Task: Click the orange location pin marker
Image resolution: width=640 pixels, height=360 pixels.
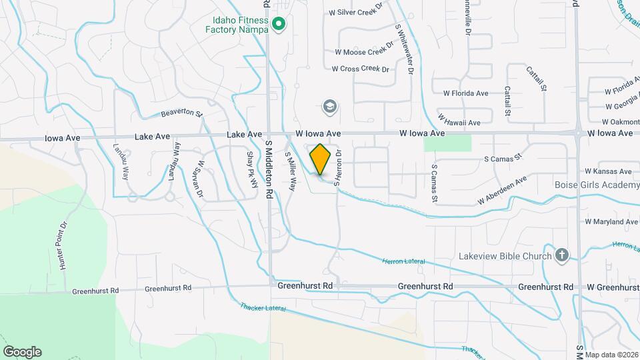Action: (x=321, y=159)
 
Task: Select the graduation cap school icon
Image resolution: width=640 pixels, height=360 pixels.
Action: (x=329, y=106)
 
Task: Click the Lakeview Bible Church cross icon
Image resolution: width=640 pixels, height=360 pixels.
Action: (x=562, y=255)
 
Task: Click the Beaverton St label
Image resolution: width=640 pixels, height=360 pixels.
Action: (x=181, y=114)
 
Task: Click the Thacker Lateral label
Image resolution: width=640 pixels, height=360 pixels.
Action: (x=263, y=308)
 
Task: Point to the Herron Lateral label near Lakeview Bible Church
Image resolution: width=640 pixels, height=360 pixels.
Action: (x=403, y=261)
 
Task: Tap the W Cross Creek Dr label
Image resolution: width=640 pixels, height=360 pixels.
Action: (x=360, y=69)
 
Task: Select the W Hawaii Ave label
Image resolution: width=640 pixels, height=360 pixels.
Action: (x=459, y=123)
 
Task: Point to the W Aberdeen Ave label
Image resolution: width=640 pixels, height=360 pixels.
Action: (x=502, y=191)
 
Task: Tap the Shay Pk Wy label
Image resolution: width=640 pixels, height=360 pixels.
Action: (x=252, y=169)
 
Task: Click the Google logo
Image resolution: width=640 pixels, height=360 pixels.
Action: (x=22, y=352)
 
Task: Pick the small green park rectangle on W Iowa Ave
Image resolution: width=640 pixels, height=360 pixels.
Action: (x=447, y=143)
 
